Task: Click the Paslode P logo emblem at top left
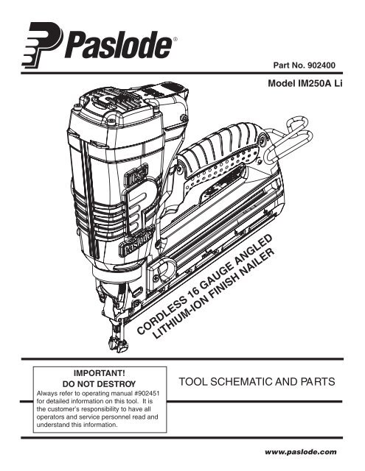[42, 46]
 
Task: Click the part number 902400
[321, 65]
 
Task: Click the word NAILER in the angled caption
[260, 261]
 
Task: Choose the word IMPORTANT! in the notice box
[99, 373]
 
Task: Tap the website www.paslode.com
[301, 452]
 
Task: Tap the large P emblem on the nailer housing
[141, 205]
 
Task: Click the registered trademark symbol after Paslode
[175, 39]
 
